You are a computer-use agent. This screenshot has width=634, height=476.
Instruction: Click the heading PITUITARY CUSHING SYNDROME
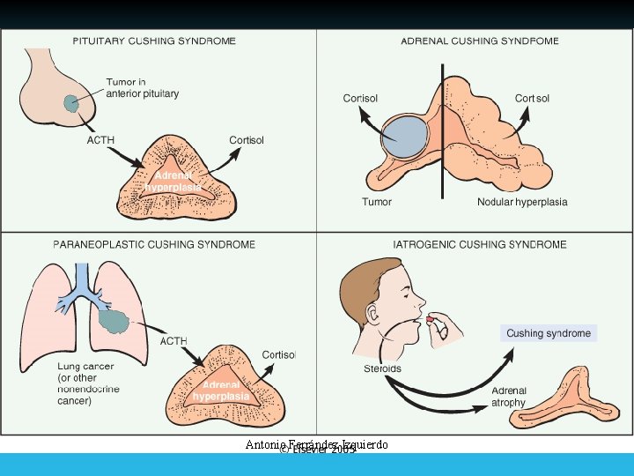point(154,41)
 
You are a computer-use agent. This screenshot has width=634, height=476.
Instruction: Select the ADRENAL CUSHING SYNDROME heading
point(480,41)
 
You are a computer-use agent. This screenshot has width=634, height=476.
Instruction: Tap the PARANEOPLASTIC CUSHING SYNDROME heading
point(154,244)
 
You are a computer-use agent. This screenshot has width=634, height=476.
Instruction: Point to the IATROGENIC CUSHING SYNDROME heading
point(480,244)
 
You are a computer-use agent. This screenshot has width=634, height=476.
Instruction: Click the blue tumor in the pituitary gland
point(70,106)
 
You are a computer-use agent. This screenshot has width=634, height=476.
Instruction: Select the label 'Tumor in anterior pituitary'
point(142,88)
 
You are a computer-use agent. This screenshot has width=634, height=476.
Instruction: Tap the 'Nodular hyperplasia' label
point(522,202)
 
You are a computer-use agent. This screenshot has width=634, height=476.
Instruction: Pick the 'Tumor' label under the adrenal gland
point(376,202)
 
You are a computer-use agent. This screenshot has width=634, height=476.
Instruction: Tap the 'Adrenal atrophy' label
point(509,397)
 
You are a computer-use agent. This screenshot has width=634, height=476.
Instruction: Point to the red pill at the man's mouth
point(431,318)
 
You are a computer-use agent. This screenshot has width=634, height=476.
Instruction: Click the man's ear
point(376,312)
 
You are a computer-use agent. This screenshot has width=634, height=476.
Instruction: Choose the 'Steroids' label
point(382,368)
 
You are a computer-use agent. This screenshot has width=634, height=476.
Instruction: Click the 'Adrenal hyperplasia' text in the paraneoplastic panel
point(220,391)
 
